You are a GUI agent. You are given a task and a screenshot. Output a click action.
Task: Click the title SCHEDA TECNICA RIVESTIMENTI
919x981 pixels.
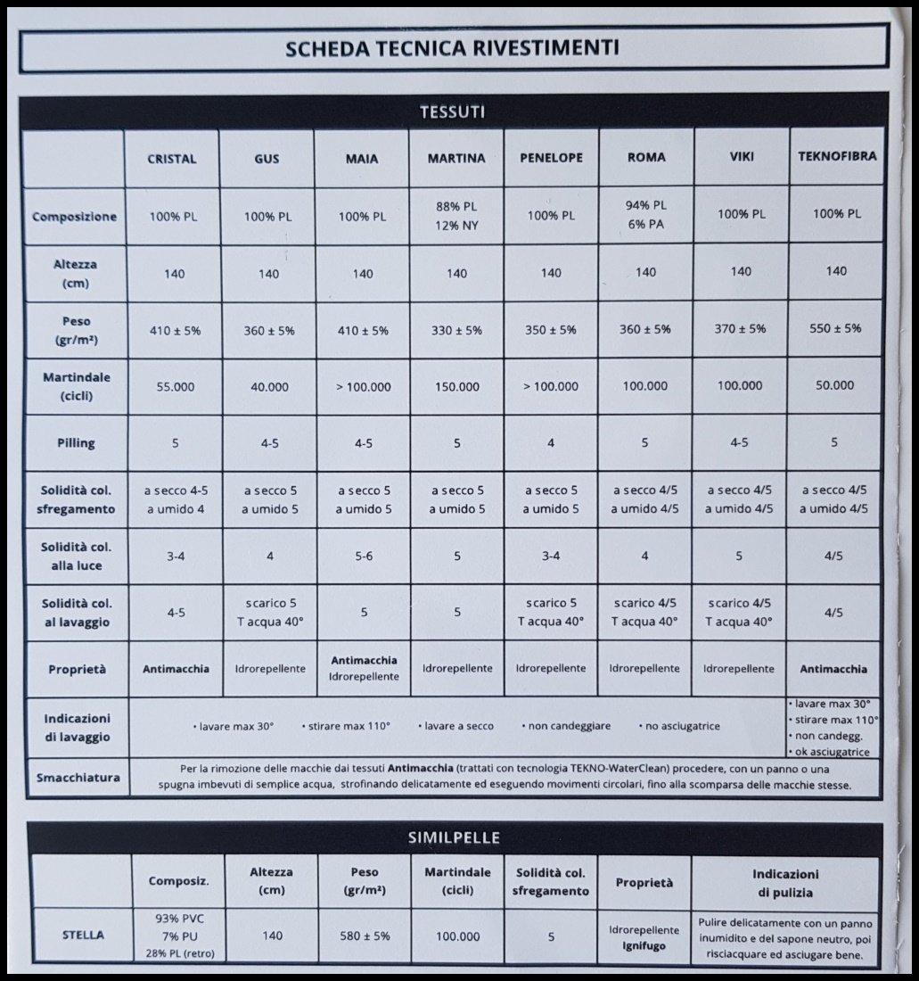[x=452, y=48]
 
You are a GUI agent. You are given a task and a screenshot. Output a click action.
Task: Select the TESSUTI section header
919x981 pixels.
[x=452, y=112]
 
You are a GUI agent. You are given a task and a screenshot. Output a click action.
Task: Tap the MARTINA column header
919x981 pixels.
[x=456, y=159]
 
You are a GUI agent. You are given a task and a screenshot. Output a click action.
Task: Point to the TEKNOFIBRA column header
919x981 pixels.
[x=836, y=156]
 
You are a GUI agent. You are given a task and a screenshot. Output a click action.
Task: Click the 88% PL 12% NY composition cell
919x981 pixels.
[x=456, y=216]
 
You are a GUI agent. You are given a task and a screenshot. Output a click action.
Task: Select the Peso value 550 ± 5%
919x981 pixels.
[x=835, y=328]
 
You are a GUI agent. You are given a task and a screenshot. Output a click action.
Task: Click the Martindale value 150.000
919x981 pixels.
[x=456, y=387]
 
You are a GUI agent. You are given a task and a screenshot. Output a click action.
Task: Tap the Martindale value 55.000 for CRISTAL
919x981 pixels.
[x=175, y=386]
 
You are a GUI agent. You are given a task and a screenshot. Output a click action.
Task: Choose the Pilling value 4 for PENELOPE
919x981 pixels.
[x=551, y=443]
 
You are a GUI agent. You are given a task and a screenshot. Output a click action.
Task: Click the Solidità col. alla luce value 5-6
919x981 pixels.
[x=362, y=556]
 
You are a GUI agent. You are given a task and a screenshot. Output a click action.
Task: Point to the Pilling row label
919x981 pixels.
[x=74, y=443]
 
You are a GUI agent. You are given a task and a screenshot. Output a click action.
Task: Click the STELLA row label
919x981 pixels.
[x=82, y=936]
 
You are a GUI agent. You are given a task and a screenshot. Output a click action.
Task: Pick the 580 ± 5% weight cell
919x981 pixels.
[x=362, y=936]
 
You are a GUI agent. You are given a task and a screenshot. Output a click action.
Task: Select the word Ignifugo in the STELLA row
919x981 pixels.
[x=644, y=946]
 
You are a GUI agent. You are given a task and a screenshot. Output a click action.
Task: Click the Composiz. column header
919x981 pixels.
[x=178, y=881]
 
